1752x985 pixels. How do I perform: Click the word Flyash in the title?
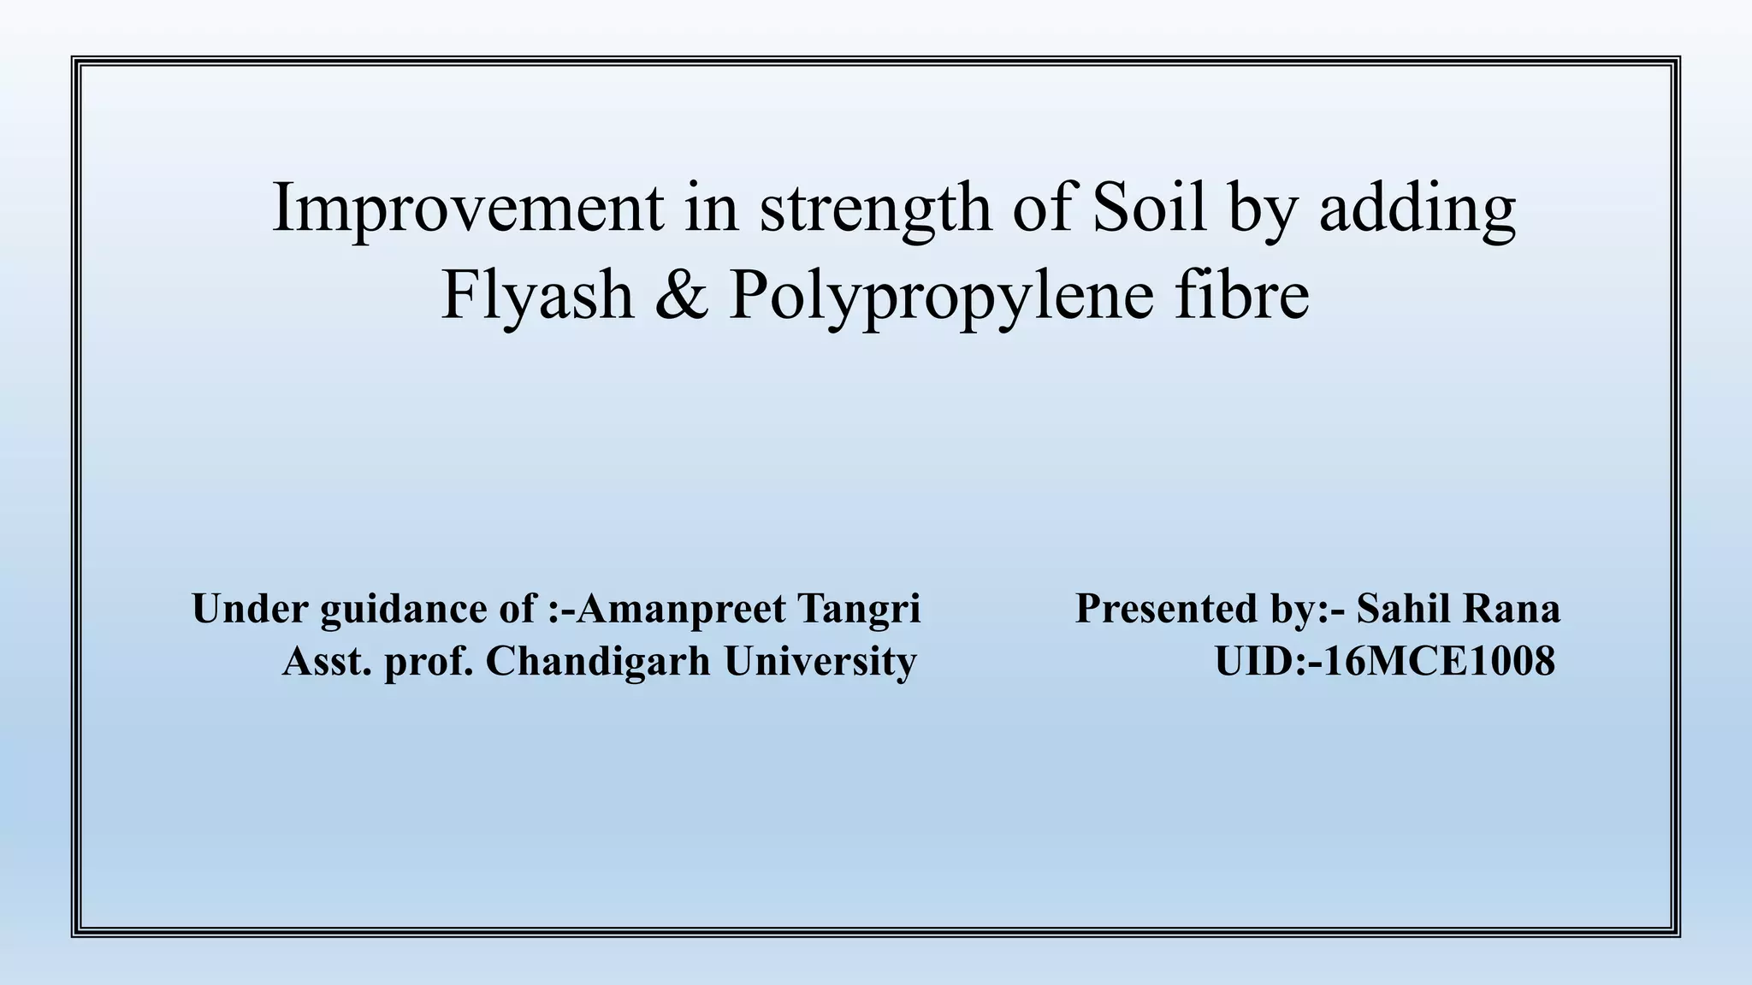537,296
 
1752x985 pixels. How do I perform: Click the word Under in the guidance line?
249,609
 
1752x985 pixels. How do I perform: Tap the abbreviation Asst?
327,661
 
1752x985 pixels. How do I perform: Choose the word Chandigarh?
598,662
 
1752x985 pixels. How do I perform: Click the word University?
820,662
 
